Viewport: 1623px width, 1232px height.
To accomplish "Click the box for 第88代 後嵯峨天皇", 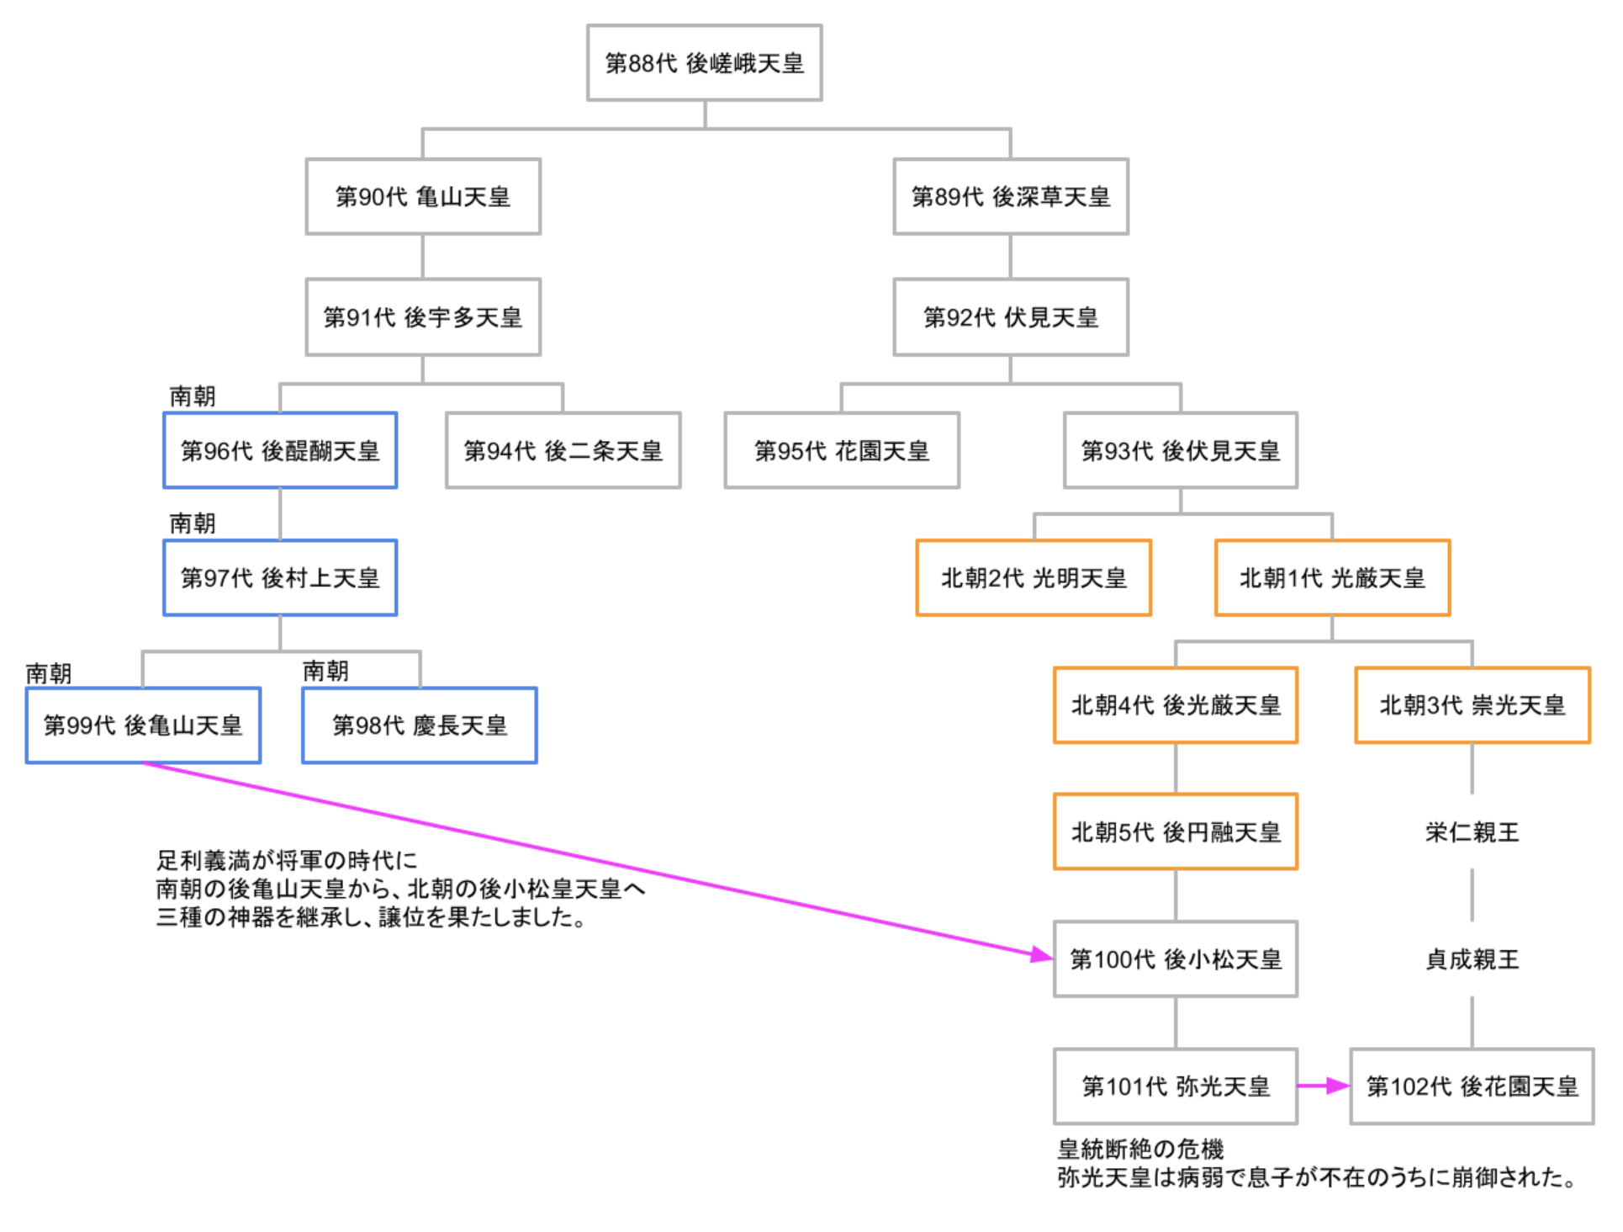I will pyautogui.click(x=704, y=63).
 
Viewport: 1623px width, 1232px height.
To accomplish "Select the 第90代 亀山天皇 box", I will pyautogui.click(x=422, y=197).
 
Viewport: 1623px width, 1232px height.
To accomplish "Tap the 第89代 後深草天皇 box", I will pyautogui.click(x=1010, y=197).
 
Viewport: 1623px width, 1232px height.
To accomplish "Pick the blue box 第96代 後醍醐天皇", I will pyautogui.click(x=280, y=451).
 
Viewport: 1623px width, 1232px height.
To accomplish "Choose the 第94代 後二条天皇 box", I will pyautogui.click(x=563, y=451).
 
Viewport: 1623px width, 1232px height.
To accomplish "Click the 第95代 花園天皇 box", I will pyautogui.click(x=841, y=451).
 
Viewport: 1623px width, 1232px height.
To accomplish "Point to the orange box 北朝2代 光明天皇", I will pyautogui.click(x=1033, y=578).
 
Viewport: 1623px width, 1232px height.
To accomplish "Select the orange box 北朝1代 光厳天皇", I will pyautogui.click(x=1332, y=578).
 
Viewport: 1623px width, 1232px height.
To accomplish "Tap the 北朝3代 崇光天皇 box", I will pyautogui.click(x=1472, y=705).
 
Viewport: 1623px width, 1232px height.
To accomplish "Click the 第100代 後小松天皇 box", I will pyautogui.click(x=1175, y=959).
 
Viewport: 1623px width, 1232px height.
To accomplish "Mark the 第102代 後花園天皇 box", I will pyautogui.click(x=1472, y=1086).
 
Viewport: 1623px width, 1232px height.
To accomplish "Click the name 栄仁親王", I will pyautogui.click(x=1472, y=832).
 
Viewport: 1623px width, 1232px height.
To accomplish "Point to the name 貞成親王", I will pyautogui.click(x=1472, y=959).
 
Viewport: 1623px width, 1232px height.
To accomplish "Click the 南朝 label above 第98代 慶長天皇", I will pyautogui.click(x=325, y=671).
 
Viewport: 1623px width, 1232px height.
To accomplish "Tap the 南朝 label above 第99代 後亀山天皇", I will pyautogui.click(x=49, y=673).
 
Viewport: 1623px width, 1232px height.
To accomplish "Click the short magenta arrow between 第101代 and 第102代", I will pyautogui.click(x=1323, y=1086).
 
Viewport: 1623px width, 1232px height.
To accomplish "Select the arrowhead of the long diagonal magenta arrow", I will pyautogui.click(x=1043, y=954).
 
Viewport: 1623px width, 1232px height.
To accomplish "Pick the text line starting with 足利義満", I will pyautogui.click(x=287, y=860).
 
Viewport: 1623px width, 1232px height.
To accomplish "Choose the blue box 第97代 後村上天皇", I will pyautogui.click(x=280, y=578).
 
